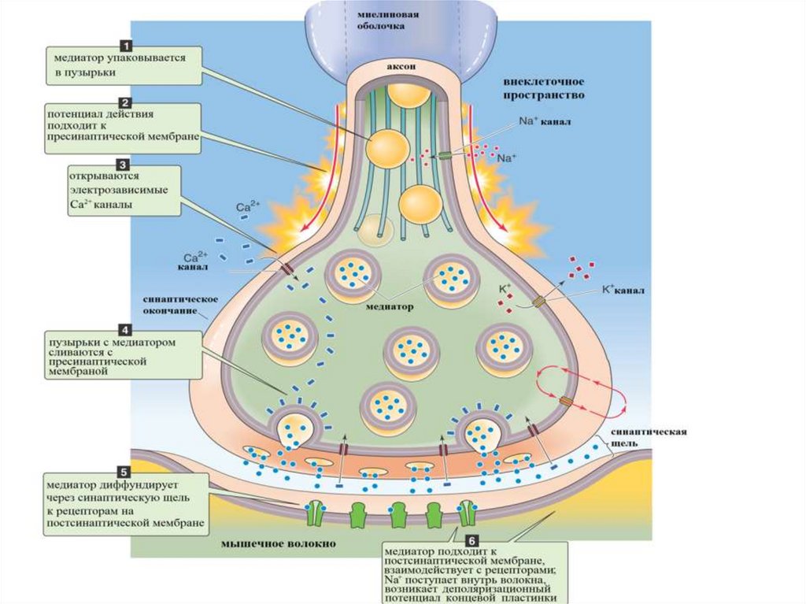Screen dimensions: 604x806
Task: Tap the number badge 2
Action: coord(124,102)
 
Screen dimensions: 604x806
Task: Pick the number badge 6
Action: coord(471,540)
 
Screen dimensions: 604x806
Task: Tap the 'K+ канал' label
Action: coord(623,290)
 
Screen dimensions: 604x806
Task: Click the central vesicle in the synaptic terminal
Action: coord(411,350)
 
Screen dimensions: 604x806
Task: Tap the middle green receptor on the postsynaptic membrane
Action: coord(398,513)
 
